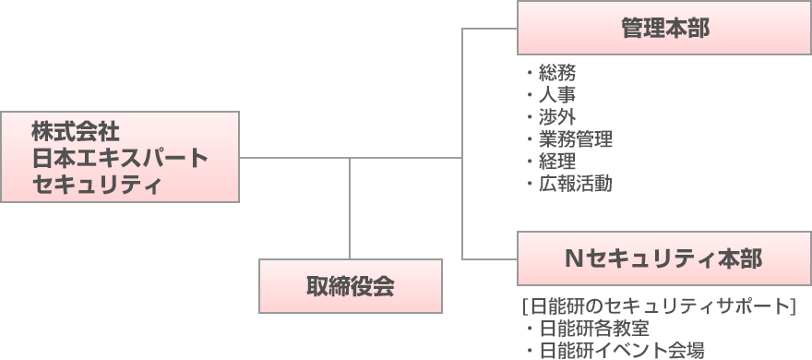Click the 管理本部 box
[664, 29]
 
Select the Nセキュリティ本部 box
[664, 258]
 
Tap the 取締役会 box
[350, 286]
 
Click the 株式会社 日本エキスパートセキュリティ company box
[120, 157]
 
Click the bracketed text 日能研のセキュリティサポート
[659, 306]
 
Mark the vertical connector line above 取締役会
[350, 208]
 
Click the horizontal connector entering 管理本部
[489, 29]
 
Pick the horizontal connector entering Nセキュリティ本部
[489, 258]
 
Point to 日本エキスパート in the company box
[120, 157]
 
